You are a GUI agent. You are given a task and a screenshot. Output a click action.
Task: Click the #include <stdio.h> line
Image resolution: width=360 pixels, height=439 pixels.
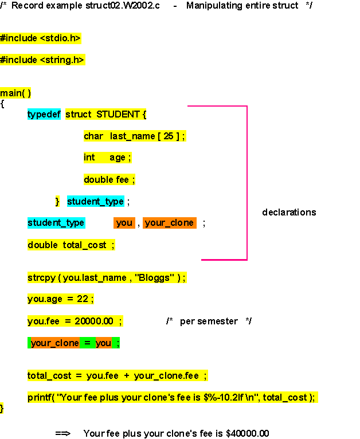pos(40,38)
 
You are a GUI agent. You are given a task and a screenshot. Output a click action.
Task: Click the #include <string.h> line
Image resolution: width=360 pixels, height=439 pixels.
pos(42,60)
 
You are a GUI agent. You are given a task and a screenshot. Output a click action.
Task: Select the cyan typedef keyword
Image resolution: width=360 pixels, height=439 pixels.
pos(44,114)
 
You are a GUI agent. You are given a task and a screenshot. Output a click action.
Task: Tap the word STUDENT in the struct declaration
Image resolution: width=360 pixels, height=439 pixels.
pos(118,114)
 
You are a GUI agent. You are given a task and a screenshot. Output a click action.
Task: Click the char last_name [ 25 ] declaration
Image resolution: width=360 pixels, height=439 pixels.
pos(135,136)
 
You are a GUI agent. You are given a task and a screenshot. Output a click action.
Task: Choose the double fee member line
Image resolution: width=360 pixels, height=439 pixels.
pos(109,179)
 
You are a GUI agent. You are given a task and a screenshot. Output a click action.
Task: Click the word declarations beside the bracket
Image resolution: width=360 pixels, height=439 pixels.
pos(289,212)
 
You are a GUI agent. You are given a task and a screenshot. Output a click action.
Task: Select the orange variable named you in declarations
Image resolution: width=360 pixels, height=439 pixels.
pos(124,223)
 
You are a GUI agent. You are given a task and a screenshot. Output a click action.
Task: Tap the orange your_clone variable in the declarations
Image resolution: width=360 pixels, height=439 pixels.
pos(169,223)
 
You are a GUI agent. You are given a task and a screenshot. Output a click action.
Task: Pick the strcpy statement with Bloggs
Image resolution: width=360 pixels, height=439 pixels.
pos(107,277)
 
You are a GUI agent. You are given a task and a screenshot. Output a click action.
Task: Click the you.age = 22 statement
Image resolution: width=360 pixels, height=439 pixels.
pos(60,299)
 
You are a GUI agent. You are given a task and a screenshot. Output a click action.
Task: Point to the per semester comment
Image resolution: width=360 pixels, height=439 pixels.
pos(209,321)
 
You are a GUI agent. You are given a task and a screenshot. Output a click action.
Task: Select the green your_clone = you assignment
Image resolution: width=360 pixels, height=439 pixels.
pos(74,343)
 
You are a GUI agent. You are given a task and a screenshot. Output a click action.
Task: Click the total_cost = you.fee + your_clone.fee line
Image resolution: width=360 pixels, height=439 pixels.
pos(118,375)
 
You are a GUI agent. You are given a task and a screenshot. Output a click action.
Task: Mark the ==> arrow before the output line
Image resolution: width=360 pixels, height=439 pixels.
pos(62,433)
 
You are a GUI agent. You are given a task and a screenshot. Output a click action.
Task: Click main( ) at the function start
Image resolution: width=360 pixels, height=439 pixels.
pos(15,93)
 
